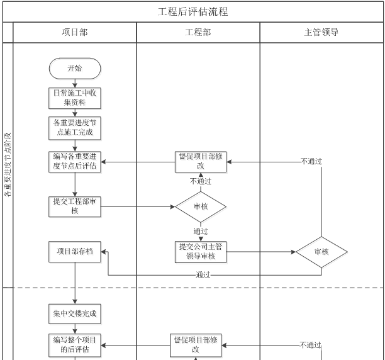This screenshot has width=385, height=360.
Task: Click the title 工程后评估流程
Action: point(192,12)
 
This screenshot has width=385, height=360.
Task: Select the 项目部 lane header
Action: point(75,32)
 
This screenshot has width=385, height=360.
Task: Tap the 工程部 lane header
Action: point(198,32)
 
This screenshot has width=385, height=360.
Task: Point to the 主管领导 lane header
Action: point(321,32)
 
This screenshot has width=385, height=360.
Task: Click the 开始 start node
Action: point(75,68)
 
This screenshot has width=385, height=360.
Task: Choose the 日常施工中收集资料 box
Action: point(75,98)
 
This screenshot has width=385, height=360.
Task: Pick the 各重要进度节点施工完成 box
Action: point(75,128)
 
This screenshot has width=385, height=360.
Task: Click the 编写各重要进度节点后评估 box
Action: point(75,162)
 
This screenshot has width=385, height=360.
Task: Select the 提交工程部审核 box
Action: point(75,206)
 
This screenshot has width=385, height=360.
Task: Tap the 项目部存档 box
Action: point(75,251)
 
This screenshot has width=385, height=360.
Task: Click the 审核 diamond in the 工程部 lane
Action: point(200,206)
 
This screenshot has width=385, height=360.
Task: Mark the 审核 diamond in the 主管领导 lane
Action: point(321,252)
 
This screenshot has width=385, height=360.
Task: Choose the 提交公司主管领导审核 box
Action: point(200,251)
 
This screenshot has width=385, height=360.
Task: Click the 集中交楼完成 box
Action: point(75,313)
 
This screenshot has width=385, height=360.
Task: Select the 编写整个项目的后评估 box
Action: point(75,344)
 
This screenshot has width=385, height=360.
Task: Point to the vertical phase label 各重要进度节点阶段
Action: point(8,165)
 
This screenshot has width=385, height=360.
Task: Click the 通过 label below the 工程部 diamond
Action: point(200,231)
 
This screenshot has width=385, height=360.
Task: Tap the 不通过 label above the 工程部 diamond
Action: point(200,181)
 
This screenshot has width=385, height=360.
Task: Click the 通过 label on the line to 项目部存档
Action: point(203,275)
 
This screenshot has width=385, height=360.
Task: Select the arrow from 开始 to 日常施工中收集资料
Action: point(75,83)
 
